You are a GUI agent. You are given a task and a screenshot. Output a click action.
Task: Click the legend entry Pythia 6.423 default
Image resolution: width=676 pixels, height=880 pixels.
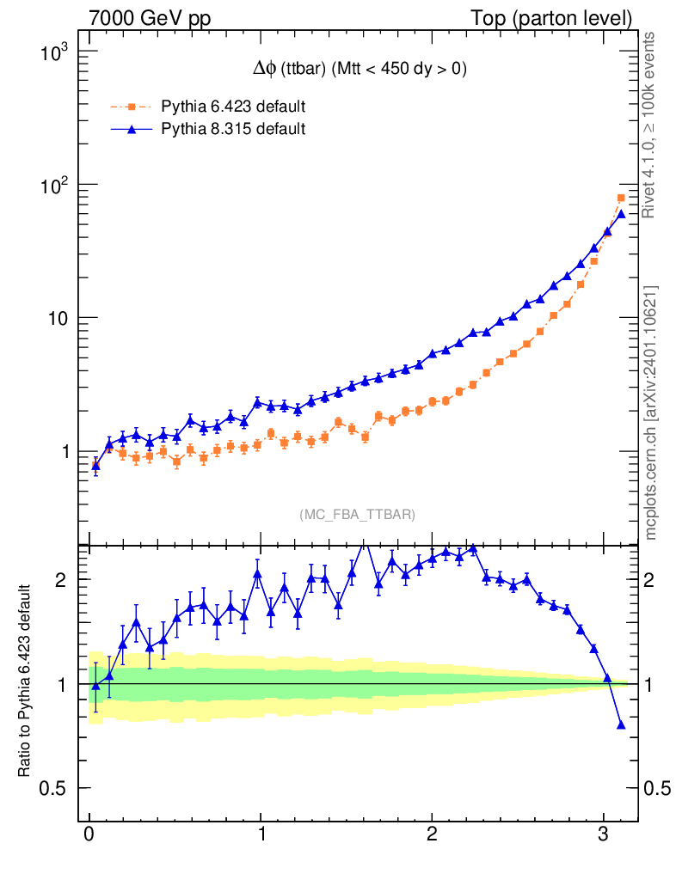232,107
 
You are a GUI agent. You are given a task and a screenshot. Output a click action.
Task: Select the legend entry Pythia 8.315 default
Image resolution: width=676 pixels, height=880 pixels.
232,129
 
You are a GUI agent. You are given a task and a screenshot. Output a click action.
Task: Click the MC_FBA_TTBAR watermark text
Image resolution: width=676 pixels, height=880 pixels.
357,514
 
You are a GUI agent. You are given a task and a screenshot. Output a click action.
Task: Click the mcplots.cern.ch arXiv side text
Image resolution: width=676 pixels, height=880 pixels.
651,412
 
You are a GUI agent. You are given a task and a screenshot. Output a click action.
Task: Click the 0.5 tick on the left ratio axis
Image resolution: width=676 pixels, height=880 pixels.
58,788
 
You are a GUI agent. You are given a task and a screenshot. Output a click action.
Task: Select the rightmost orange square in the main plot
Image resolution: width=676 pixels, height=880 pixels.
621,199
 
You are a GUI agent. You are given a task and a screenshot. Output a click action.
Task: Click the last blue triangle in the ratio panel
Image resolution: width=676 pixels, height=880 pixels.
621,724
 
